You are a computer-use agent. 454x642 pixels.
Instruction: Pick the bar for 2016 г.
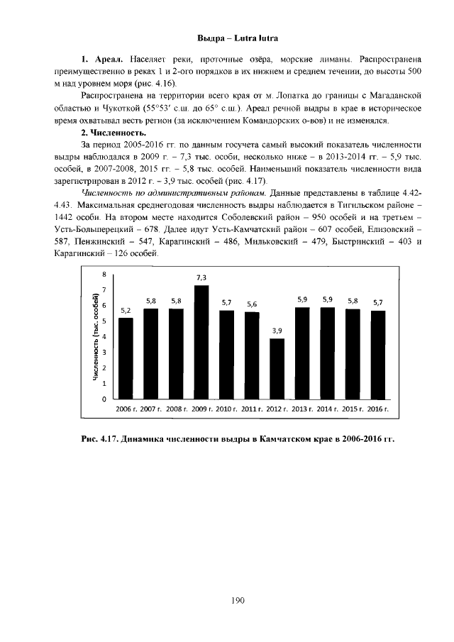point(378,355)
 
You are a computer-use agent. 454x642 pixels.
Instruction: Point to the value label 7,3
point(201,277)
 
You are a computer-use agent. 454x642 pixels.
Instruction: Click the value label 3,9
point(277,331)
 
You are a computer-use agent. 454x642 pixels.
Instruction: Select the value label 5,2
point(126,310)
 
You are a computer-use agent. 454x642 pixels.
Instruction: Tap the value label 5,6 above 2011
point(252,304)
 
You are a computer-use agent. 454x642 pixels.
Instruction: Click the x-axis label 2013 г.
point(303,409)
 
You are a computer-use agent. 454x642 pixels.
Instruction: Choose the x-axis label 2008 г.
point(176,409)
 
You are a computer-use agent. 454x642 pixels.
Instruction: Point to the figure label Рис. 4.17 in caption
point(100,438)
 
